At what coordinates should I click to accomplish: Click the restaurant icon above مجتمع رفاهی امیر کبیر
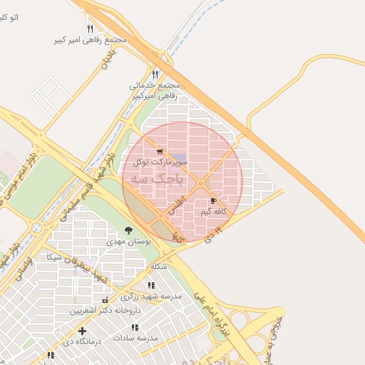pos(90,29)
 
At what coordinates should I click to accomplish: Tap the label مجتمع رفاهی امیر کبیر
pos(90,40)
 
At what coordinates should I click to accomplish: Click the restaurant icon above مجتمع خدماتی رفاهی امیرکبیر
pos(155,74)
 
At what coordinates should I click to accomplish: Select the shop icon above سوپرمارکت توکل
pos(160,151)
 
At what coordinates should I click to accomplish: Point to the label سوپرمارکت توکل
pos(160,163)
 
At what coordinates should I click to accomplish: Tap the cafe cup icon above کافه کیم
pos(214,202)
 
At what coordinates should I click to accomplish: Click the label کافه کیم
pos(214,212)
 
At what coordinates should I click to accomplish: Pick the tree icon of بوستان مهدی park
pos(128,230)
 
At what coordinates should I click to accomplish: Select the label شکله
pos(158,267)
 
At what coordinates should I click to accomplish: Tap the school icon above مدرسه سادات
pos(135,327)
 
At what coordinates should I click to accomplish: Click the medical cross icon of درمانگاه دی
pos(83,331)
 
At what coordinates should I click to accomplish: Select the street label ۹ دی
pos(214,234)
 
